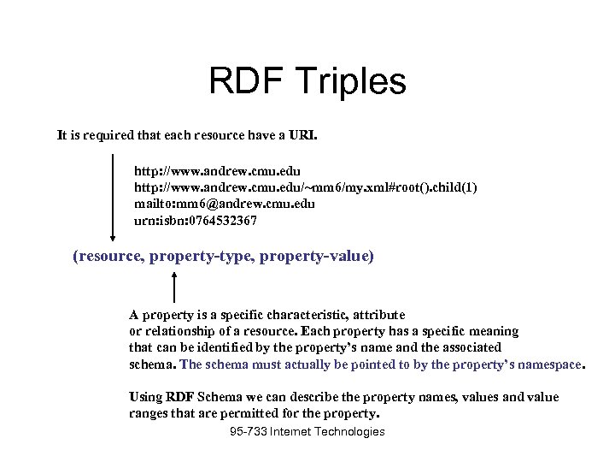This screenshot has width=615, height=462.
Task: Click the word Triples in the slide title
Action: click(x=352, y=82)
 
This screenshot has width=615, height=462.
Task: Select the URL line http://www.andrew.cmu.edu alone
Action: click(x=217, y=170)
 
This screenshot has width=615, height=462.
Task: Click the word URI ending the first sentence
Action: click(x=303, y=135)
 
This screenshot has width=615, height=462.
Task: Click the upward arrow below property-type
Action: click(x=175, y=287)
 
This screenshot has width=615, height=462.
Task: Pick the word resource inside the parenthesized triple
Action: click(x=110, y=256)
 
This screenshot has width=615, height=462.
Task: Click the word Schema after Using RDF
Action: click(x=218, y=397)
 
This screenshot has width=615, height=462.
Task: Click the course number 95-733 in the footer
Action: click(x=247, y=432)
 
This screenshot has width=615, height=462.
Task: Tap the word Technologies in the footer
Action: click(x=349, y=432)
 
